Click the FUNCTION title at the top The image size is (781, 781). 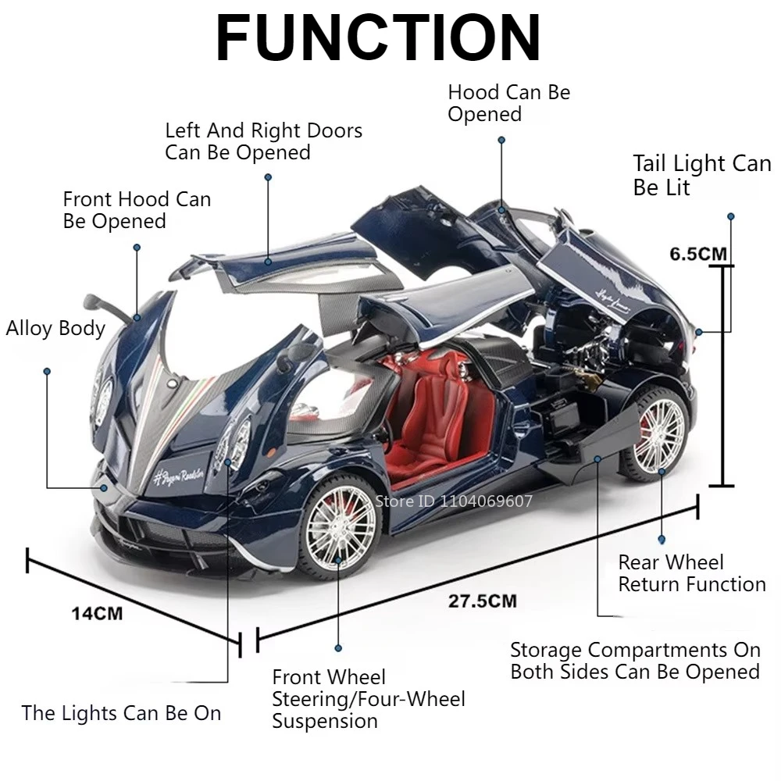tap(378, 37)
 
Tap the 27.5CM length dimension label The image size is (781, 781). tap(482, 601)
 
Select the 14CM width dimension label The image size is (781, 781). tap(97, 613)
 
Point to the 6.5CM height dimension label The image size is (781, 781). tap(697, 254)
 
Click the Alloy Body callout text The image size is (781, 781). tap(55, 328)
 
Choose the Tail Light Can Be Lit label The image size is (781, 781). tap(701, 175)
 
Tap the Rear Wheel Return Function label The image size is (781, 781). tap(691, 573)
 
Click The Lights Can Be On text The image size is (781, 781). tap(121, 713)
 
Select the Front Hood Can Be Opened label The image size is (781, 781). tap(137, 209)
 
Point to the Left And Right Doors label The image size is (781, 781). tap(263, 141)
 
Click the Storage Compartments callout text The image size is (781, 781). tap(634, 661)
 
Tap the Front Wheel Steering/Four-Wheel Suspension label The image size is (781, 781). tap(368, 699)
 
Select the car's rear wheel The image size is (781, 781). tap(656, 433)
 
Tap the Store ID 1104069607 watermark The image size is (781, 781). tap(454, 501)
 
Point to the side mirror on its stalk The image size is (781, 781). tap(105, 305)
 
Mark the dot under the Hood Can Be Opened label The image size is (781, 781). tap(501, 141)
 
